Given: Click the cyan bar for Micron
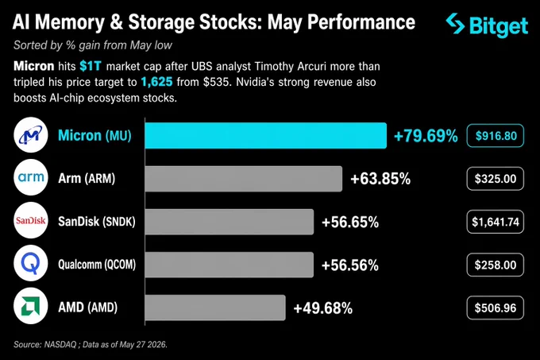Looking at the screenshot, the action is click(265, 135).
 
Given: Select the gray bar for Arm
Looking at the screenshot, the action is click(244, 179).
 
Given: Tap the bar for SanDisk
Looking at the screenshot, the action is click(229, 222).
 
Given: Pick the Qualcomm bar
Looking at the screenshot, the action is click(229, 265).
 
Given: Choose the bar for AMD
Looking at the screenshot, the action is click(215, 308).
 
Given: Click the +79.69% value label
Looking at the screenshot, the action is click(426, 136).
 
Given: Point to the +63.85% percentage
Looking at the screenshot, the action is click(380, 179).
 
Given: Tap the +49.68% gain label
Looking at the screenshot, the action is click(322, 308).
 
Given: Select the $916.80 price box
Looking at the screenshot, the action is click(496, 136).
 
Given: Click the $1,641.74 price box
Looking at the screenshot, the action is click(496, 222).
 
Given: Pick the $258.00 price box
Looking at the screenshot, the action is click(496, 265).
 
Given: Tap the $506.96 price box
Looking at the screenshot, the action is click(496, 308).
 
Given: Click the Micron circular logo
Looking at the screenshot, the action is click(31, 135).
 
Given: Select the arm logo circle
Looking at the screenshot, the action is click(31, 177).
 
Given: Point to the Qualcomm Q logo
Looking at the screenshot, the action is click(31, 263).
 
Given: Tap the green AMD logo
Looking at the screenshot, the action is click(31, 306).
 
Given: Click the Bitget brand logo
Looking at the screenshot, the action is click(487, 25).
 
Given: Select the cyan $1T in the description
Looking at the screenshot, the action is click(91, 66).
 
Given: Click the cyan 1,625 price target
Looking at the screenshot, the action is click(156, 82).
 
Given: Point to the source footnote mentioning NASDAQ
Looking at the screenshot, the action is click(91, 344).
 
